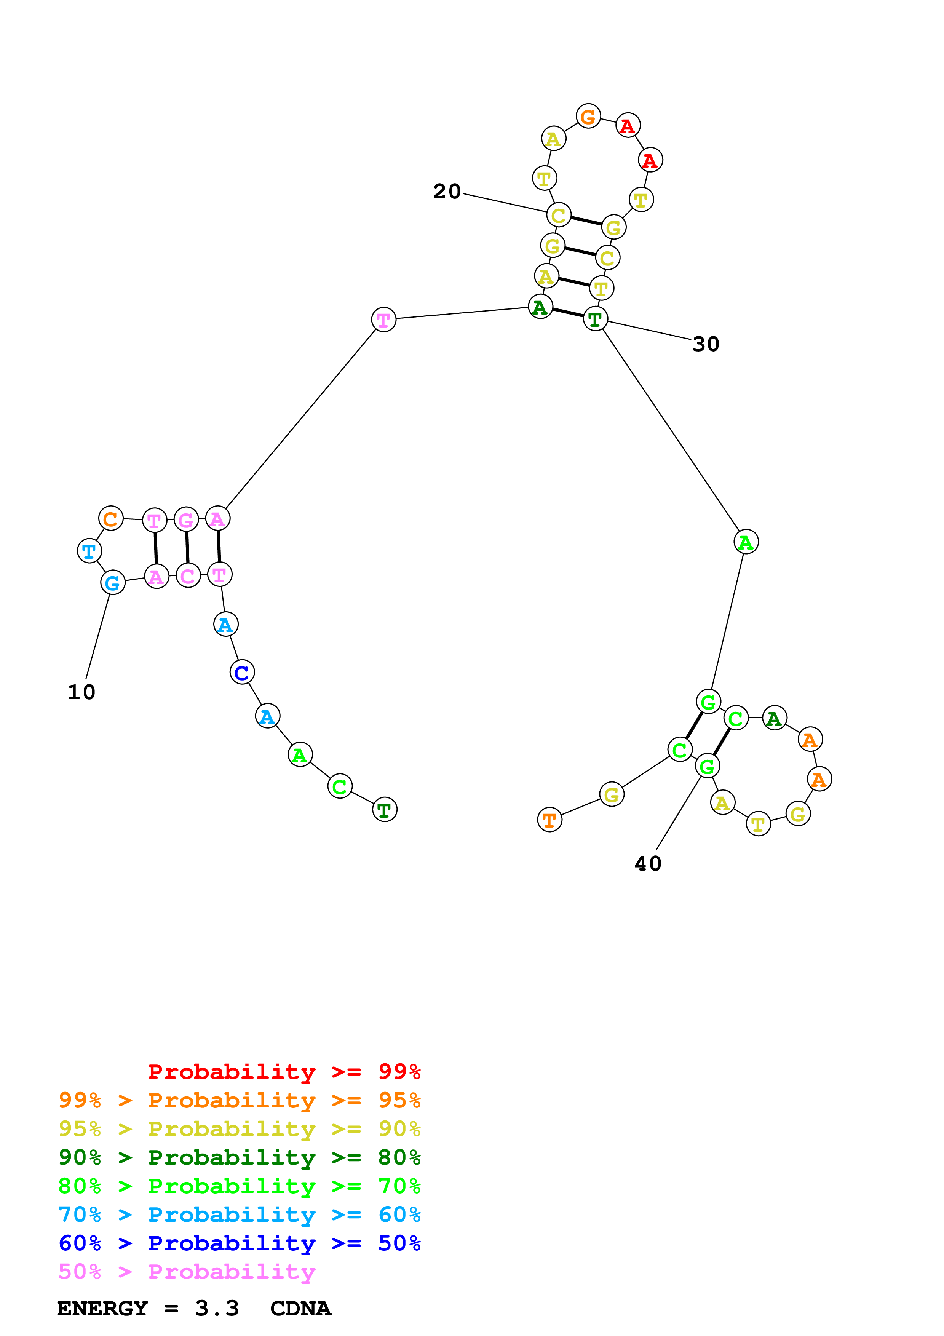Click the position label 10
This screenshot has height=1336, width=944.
[81, 692]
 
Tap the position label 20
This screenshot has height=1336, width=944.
[447, 192]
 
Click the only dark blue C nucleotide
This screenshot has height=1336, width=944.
[242, 672]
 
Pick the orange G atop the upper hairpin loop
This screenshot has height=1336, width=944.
[588, 117]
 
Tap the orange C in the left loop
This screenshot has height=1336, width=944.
[110, 518]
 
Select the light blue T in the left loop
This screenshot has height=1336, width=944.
[89, 550]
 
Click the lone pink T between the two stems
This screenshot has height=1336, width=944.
[383, 320]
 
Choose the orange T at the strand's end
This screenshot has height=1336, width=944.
[549, 820]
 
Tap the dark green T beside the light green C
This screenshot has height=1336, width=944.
[385, 809]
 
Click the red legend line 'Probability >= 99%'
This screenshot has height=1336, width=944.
[284, 1071]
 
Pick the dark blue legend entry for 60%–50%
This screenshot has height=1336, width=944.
[239, 1243]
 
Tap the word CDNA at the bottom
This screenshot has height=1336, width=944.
[301, 1308]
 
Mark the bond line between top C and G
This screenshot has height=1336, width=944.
[586, 221]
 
